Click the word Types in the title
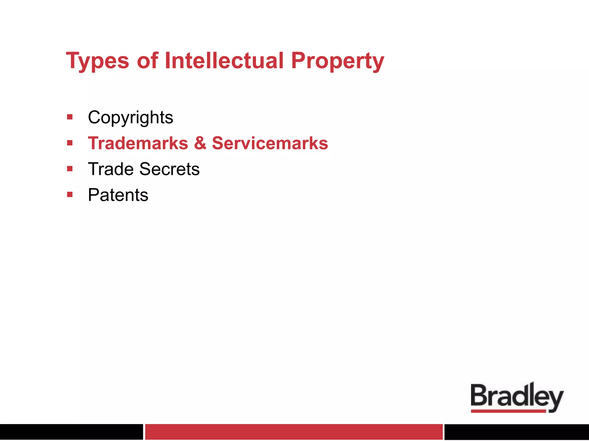pos(97,61)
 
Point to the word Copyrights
pos(130,117)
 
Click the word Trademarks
pos(138,143)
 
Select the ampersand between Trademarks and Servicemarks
pos(200,143)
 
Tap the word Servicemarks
pos(270,143)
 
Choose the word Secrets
pos(169,169)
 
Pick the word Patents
pos(118,195)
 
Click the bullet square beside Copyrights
pos(70,117)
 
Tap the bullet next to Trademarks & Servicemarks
pos(70,143)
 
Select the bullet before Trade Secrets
pos(70,169)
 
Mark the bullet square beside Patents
pos(70,195)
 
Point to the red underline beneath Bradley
pos(508,411)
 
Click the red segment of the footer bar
pos(294,432)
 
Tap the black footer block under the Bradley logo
pos(517,432)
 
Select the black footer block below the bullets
pos(71,432)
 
